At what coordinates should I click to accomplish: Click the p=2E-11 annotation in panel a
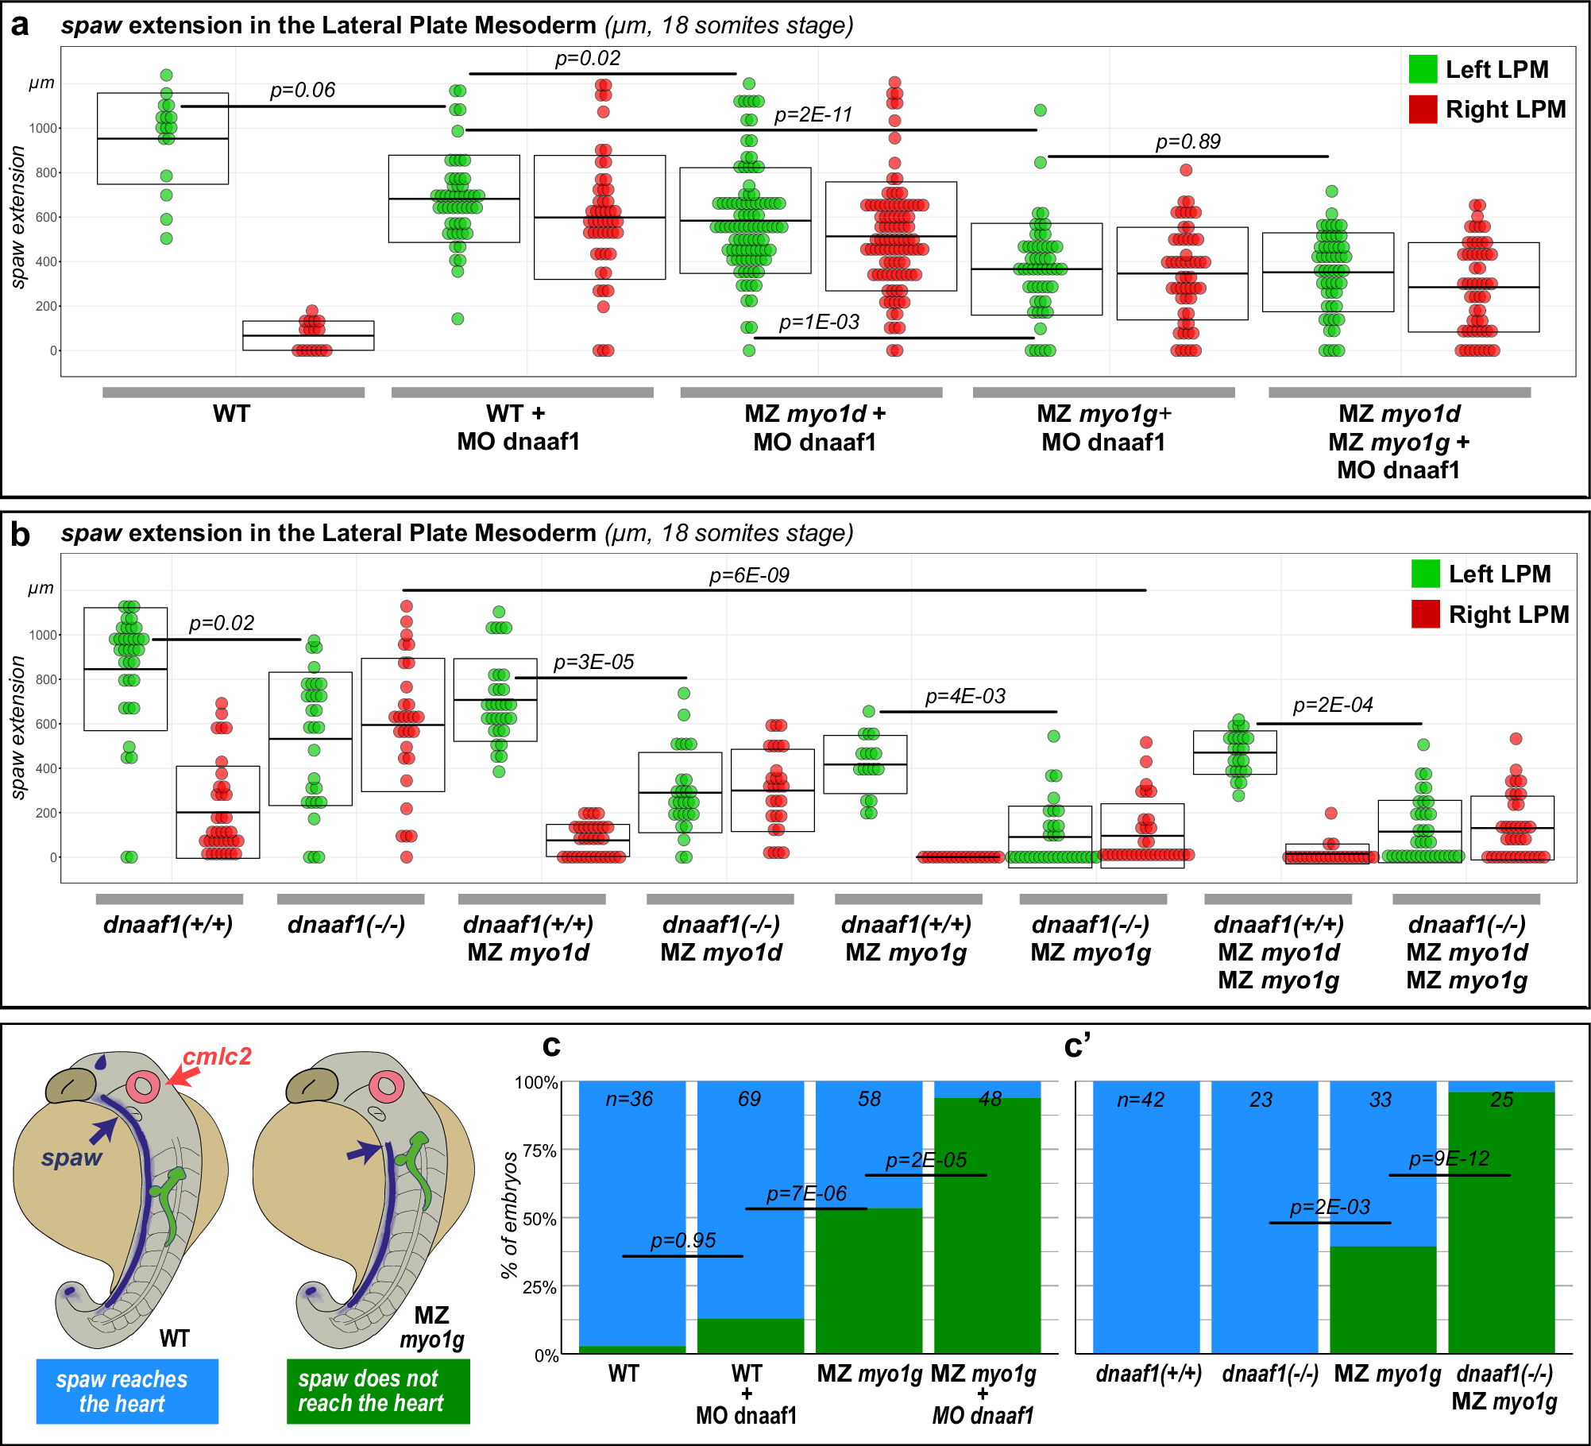coord(813,115)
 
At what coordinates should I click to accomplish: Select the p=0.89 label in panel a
coord(1187,142)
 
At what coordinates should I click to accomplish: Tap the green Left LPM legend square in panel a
coord(1423,70)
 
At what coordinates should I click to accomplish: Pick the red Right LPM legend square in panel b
coord(1425,614)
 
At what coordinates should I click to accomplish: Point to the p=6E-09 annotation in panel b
coord(749,575)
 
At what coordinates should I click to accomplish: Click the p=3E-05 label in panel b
coord(593,662)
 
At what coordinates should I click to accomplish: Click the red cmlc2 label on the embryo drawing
coord(217,1056)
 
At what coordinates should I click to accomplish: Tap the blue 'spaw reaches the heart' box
coord(127,1391)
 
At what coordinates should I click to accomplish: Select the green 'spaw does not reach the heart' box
coord(378,1391)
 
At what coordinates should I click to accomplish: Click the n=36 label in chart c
coord(629,1099)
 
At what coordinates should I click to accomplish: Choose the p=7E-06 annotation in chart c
coord(806,1193)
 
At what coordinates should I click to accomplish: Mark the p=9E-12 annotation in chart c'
coord(1449,1158)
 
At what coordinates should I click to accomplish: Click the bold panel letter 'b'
coord(20,535)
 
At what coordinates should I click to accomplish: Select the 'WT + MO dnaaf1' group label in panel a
coord(518,427)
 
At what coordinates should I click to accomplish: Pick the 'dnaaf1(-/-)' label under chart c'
coord(1270,1374)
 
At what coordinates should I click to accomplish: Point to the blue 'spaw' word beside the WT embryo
coord(71,1158)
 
